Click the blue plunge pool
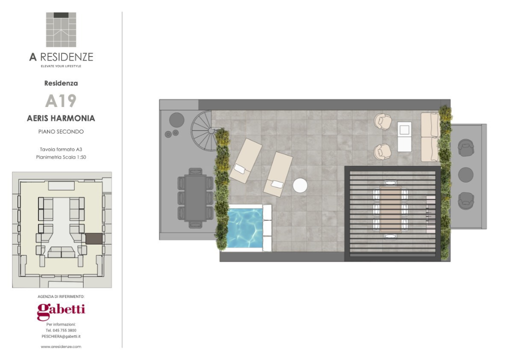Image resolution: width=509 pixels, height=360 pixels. (x=245, y=228)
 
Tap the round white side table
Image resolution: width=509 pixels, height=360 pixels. (x=300, y=185)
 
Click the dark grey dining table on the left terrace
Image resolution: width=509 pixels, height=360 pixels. (x=195, y=198)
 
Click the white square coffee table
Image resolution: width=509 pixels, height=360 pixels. (x=404, y=136)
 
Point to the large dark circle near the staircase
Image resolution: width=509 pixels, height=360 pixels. (x=176, y=120)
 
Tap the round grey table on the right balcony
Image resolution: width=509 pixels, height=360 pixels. (x=466, y=174)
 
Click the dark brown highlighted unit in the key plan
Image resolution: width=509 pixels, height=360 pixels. (x=94, y=238)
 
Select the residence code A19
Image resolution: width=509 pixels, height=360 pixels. (x=60, y=100)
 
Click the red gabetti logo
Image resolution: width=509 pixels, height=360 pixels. (x=61, y=311)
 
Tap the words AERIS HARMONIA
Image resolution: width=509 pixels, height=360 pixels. (x=61, y=118)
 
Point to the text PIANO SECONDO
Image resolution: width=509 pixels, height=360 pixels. (x=61, y=131)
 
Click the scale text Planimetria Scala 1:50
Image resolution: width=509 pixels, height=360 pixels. (x=61, y=157)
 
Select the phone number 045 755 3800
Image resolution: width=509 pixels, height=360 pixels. (x=64, y=330)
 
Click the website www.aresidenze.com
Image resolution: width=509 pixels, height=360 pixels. (x=61, y=346)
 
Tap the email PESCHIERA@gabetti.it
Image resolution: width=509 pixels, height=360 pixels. (x=61, y=336)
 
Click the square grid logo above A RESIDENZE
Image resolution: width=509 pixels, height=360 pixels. (x=61, y=29)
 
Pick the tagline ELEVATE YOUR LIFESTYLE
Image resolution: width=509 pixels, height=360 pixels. (x=61, y=66)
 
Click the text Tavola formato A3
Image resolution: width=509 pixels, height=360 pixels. (x=61, y=149)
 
